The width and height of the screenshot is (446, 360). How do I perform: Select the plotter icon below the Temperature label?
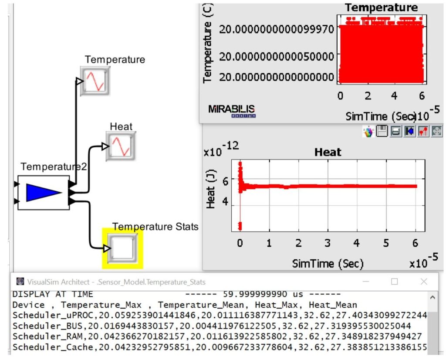coord(95,81)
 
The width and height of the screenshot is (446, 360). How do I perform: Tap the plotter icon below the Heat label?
coord(120,147)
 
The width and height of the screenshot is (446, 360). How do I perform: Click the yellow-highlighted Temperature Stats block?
coord(122,248)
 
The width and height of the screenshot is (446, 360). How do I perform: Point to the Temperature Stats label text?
coord(155,227)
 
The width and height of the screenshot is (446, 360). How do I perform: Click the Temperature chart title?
coord(381,7)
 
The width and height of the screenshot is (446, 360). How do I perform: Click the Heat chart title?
coord(328,152)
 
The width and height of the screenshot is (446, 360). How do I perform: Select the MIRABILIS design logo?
coord(232,111)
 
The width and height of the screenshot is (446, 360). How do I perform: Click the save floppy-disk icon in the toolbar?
coord(382,131)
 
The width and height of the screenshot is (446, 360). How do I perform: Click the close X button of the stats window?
coord(424,282)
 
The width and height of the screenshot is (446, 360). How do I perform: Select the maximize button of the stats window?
coord(394,282)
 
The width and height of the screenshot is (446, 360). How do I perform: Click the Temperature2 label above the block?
coord(54,166)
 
